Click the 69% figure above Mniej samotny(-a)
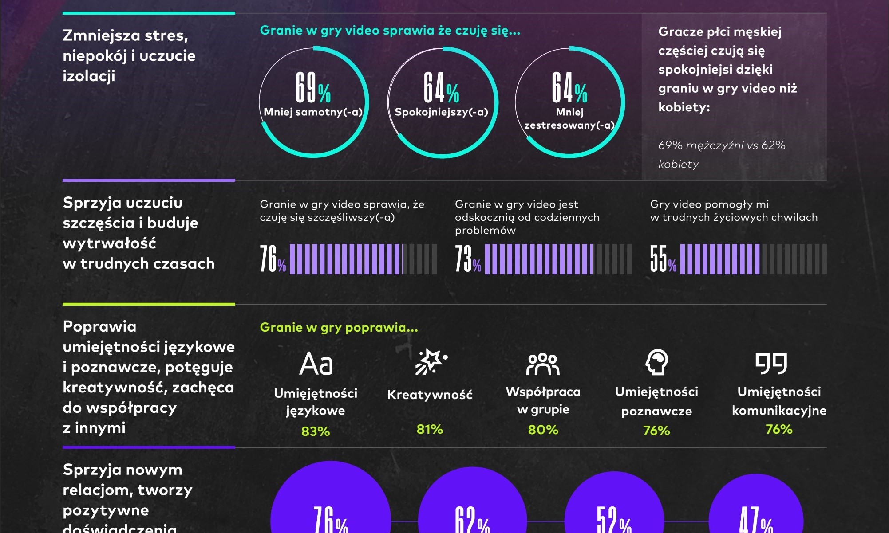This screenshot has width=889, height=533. pyautogui.click(x=313, y=87)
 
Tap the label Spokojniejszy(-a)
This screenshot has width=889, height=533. pyautogui.click(x=441, y=112)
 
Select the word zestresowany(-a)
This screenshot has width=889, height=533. pyautogui.click(x=569, y=125)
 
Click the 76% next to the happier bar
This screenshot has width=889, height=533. pyautogui.click(x=273, y=259)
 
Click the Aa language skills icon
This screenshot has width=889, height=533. pyautogui.click(x=316, y=364)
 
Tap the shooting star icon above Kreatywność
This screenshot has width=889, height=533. pyautogui.click(x=431, y=362)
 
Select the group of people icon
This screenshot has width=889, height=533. pyautogui.click(x=543, y=364)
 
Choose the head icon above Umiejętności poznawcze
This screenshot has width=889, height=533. pyautogui.click(x=656, y=362)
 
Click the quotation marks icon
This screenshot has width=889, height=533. pyautogui.click(x=771, y=364)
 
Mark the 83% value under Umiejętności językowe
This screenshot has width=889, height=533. pyautogui.click(x=316, y=431)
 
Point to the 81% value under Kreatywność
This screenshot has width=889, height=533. pyautogui.click(x=430, y=429)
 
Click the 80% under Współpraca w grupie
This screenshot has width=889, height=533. pyautogui.click(x=543, y=430)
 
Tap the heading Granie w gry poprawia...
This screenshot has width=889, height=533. pyautogui.click(x=339, y=327)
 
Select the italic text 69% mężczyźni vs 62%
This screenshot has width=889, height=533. pyautogui.click(x=722, y=145)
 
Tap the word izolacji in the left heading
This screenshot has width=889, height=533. pyautogui.click(x=89, y=76)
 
